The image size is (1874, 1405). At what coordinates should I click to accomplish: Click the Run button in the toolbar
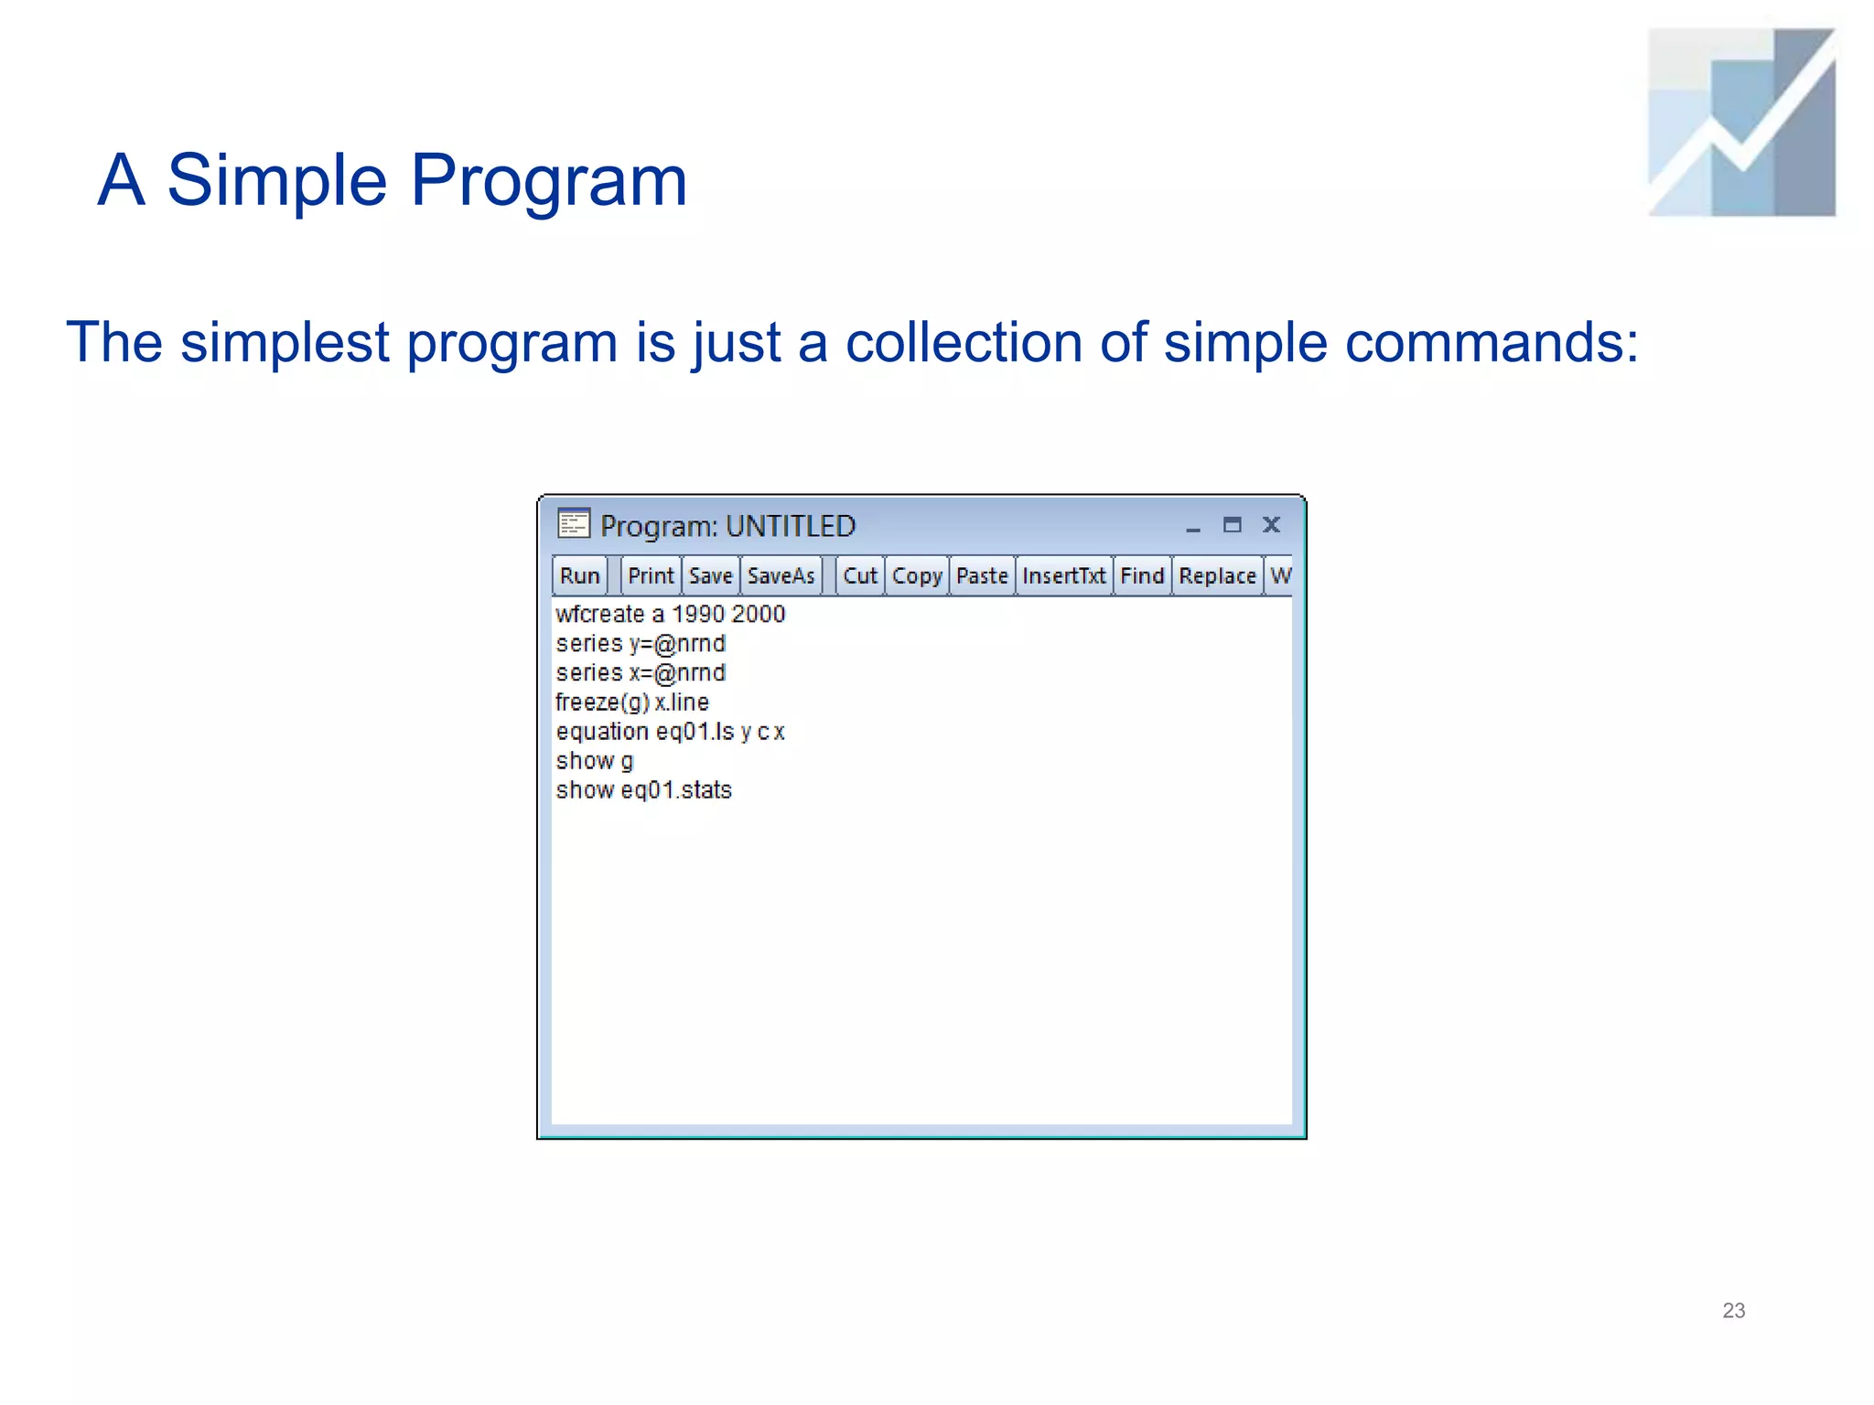click(579, 575)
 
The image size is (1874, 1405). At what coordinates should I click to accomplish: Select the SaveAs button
click(781, 575)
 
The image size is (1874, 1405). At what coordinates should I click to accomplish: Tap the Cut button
click(859, 575)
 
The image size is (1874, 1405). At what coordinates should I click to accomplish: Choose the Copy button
click(917, 575)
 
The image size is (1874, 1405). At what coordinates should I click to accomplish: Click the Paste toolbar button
click(982, 575)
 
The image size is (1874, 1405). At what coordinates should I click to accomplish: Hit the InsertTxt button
click(1063, 575)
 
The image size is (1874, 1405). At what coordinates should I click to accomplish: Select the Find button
click(1142, 575)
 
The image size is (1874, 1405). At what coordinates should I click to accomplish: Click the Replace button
click(1217, 575)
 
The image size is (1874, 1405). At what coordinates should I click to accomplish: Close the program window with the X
click(1271, 524)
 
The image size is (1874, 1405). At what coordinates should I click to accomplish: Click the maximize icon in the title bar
click(1232, 524)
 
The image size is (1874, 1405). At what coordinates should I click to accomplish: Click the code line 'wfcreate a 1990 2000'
click(670, 614)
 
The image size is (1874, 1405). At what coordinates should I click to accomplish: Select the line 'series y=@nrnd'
click(641, 643)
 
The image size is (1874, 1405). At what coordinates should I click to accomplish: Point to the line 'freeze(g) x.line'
click(631, 702)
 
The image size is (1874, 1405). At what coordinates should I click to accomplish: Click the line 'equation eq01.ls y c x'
click(670, 731)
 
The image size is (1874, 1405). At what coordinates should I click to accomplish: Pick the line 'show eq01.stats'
click(643, 789)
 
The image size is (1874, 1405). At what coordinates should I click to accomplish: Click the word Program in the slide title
click(548, 180)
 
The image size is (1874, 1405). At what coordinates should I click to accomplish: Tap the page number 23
click(1733, 1310)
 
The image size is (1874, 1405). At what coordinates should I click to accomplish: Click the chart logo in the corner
click(1741, 122)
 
